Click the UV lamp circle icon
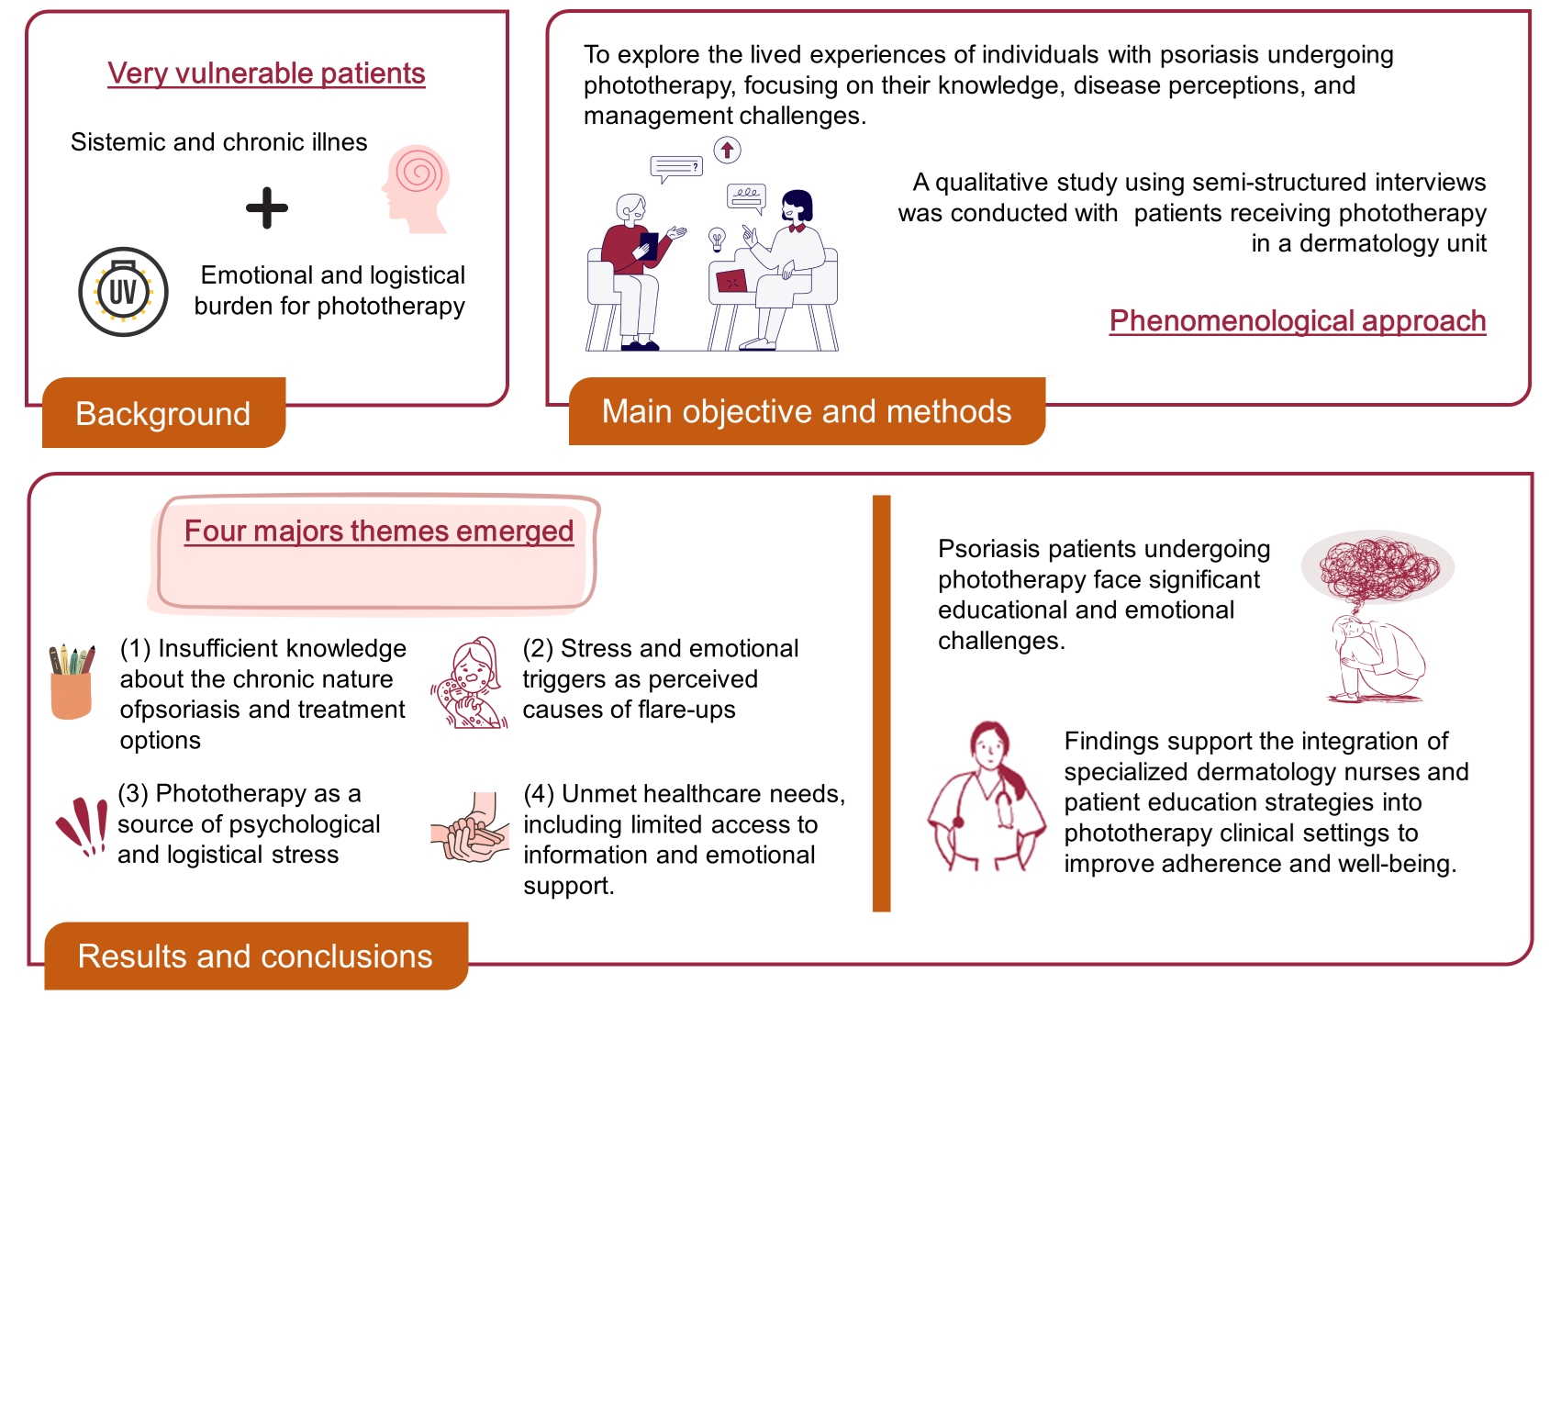tap(123, 292)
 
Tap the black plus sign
tap(267, 207)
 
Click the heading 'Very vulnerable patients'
tap(266, 73)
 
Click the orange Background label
tap(163, 413)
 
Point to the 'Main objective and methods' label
tap(807, 411)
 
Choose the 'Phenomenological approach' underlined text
tap(1297, 320)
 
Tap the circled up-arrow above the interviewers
tap(727, 150)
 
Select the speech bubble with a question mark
tap(676, 168)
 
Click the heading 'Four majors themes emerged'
tap(378, 531)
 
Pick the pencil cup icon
tap(72, 682)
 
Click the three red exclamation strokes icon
tap(83, 825)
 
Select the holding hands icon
tap(471, 829)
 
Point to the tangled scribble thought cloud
tap(1377, 566)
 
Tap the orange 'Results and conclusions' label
tap(255, 956)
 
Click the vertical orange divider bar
tap(881, 703)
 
